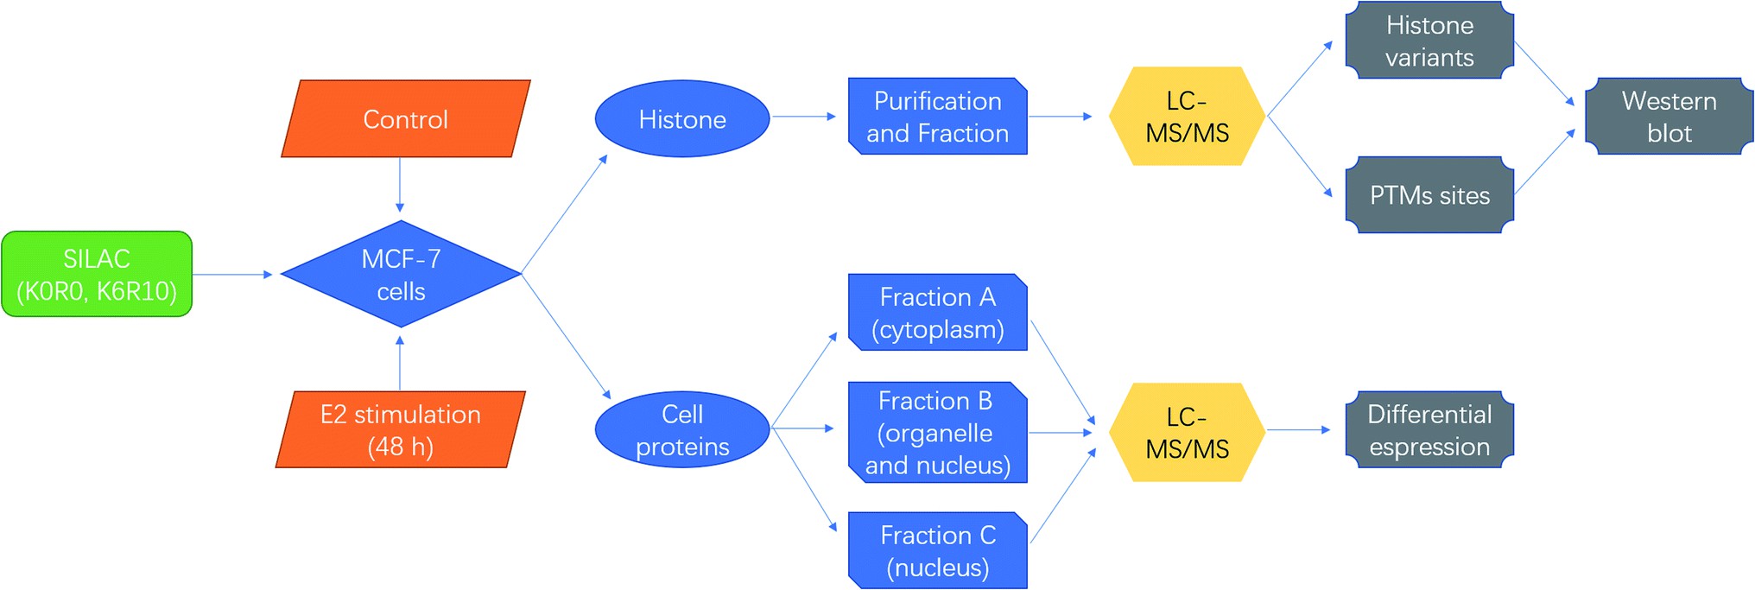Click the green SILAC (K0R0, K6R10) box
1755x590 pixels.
pos(97,274)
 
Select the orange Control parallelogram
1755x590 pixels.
pos(405,118)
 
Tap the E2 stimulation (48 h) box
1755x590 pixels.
pos(400,429)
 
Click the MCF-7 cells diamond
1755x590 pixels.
pos(401,274)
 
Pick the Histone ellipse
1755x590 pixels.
pos(681,118)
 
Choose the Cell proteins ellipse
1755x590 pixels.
pos(681,429)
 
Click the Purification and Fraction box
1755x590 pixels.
pos(937,117)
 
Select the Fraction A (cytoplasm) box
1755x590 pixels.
pos(937,312)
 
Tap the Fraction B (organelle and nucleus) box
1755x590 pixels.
pos(937,432)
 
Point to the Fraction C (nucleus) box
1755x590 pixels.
pos(937,550)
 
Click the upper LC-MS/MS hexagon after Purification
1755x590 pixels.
pos(1187,116)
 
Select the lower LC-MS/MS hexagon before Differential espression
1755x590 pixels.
pos(1187,432)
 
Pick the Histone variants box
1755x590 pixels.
pos(1429,41)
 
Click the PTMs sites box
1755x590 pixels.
pos(1429,194)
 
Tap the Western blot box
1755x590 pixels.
pos(1669,116)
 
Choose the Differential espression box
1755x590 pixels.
pos(1429,429)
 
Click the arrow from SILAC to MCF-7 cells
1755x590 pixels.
pos(231,274)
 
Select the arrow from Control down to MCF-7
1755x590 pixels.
pos(399,184)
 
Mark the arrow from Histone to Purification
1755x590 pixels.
pos(803,116)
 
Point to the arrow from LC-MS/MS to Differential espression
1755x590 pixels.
pos(1298,429)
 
